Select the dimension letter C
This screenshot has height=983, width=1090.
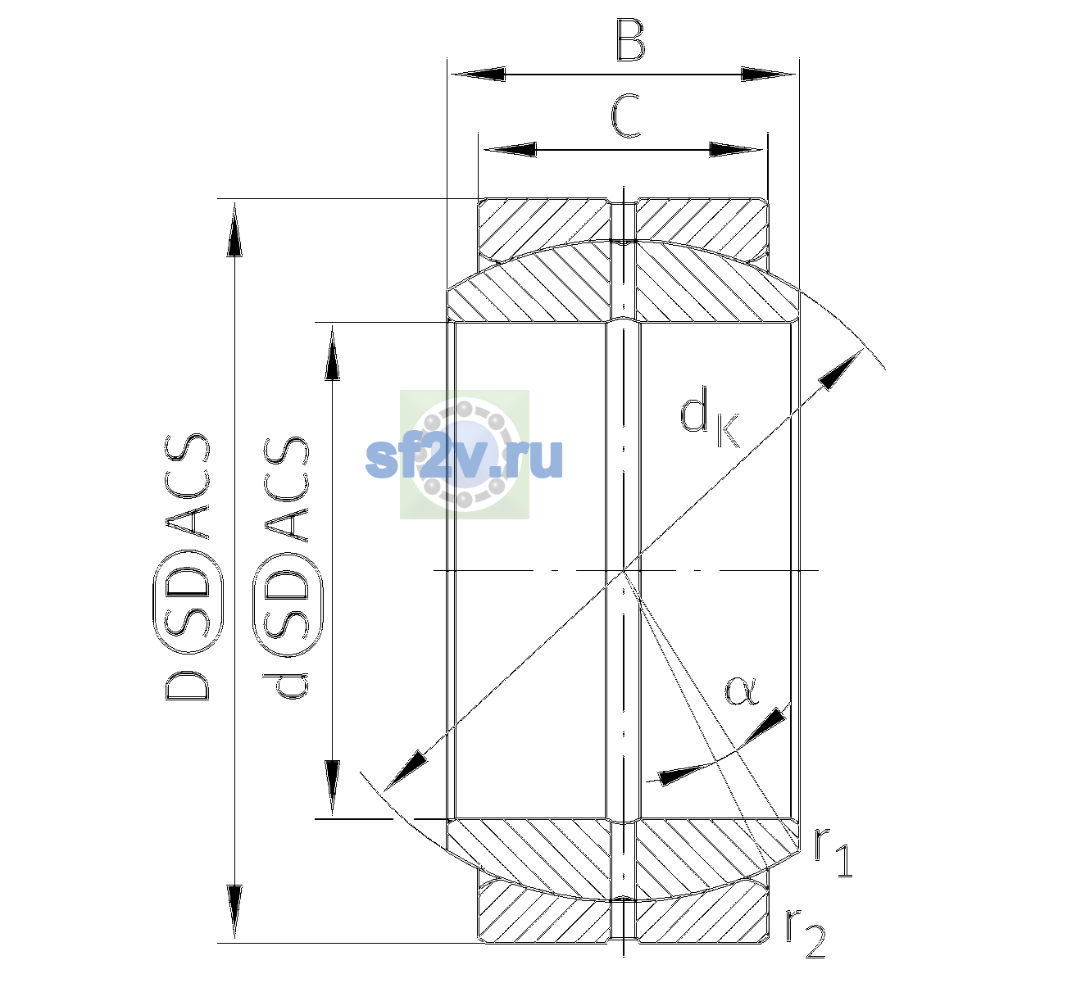click(x=626, y=116)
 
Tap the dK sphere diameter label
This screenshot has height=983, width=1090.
click(x=710, y=417)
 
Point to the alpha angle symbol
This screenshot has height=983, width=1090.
click(x=741, y=691)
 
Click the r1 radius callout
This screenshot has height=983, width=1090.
click(x=833, y=850)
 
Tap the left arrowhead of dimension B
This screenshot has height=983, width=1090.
click(x=477, y=75)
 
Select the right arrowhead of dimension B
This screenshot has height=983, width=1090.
click(x=768, y=75)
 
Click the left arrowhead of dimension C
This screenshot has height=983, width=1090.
click(x=509, y=149)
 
